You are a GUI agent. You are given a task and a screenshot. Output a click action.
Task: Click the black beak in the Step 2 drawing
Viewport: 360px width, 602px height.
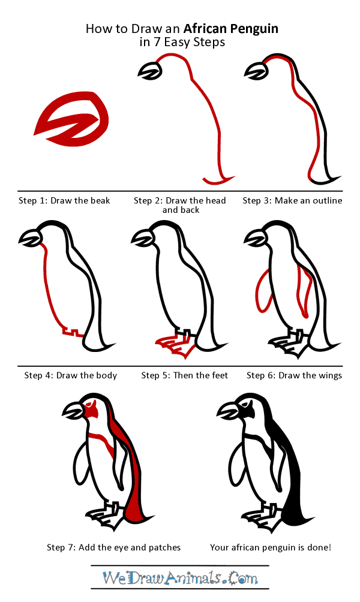149,72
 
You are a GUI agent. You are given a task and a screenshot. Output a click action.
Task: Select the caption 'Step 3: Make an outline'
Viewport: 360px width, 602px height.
292,200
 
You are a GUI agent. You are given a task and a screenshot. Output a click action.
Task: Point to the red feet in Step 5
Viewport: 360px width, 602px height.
174,346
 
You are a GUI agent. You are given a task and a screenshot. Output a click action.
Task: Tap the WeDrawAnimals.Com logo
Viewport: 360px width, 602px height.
180,578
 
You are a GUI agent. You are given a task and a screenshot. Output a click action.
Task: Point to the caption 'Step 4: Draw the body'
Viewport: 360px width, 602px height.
71,375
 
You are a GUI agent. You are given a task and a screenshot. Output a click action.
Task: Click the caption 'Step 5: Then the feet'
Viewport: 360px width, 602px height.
185,375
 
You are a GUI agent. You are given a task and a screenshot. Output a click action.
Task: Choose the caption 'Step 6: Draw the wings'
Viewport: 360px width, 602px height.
294,375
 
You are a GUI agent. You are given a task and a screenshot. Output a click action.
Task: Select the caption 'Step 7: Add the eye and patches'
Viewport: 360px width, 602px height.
113,547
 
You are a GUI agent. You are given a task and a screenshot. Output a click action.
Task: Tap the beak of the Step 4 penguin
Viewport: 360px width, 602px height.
30,240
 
